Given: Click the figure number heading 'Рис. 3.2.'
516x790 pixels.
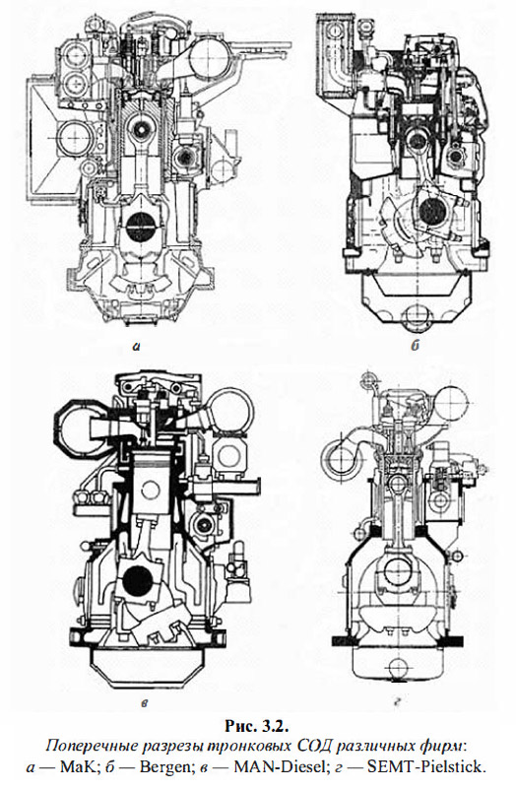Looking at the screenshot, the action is (257, 726).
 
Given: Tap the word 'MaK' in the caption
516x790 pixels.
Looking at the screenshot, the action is (76, 767).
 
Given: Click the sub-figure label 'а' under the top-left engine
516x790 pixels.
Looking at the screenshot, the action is (136, 346).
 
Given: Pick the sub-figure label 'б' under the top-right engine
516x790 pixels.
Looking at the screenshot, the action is (416, 346).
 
